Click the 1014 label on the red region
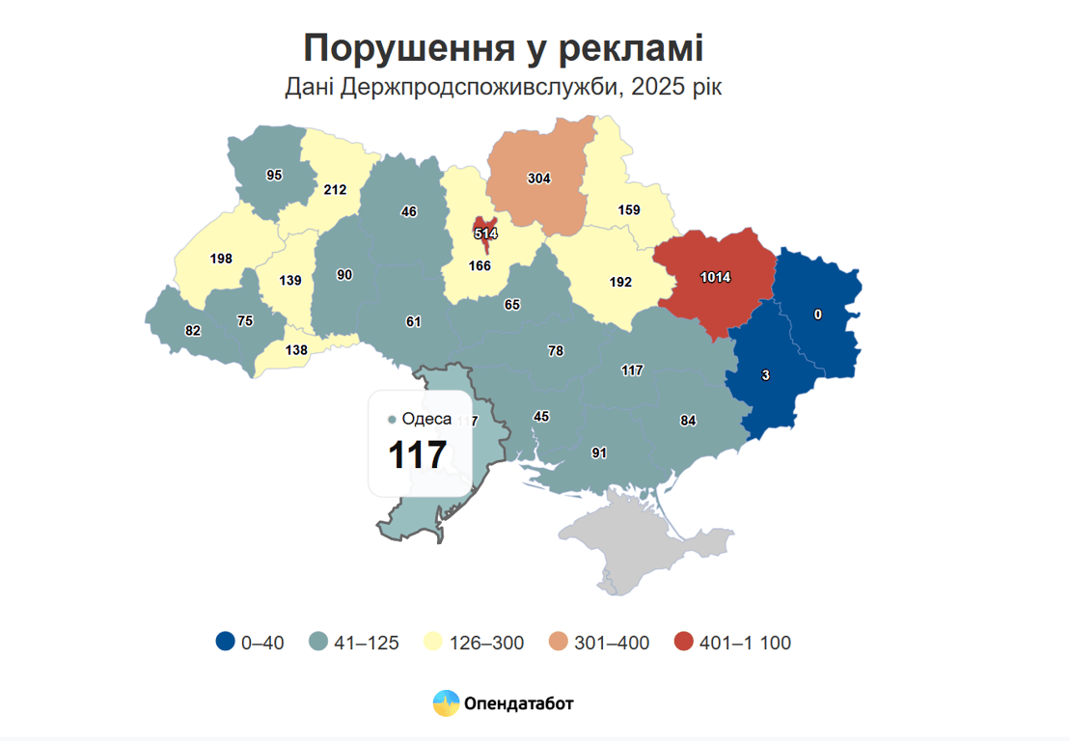pyautogui.click(x=715, y=278)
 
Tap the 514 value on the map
pyautogui.click(x=485, y=233)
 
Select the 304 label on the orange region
pyautogui.click(x=538, y=178)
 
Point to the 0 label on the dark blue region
pyautogui.click(x=818, y=315)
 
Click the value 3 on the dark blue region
pyautogui.click(x=765, y=376)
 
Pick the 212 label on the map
pyautogui.click(x=335, y=190)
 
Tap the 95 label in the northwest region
pyautogui.click(x=274, y=175)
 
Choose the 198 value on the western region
pyautogui.click(x=222, y=259)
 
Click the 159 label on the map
pyautogui.click(x=628, y=208)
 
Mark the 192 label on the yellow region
pyautogui.click(x=620, y=283)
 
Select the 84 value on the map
pyautogui.click(x=688, y=421)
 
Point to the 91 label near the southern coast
pyautogui.click(x=599, y=453)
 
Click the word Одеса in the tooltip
pyautogui.click(x=426, y=419)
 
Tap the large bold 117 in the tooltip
pyautogui.click(x=417, y=455)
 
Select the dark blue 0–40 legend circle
pyautogui.click(x=226, y=643)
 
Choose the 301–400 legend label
pyautogui.click(x=612, y=644)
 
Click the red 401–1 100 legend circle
pyautogui.click(x=684, y=643)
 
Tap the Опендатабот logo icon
pyautogui.click(x=446, y=703)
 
